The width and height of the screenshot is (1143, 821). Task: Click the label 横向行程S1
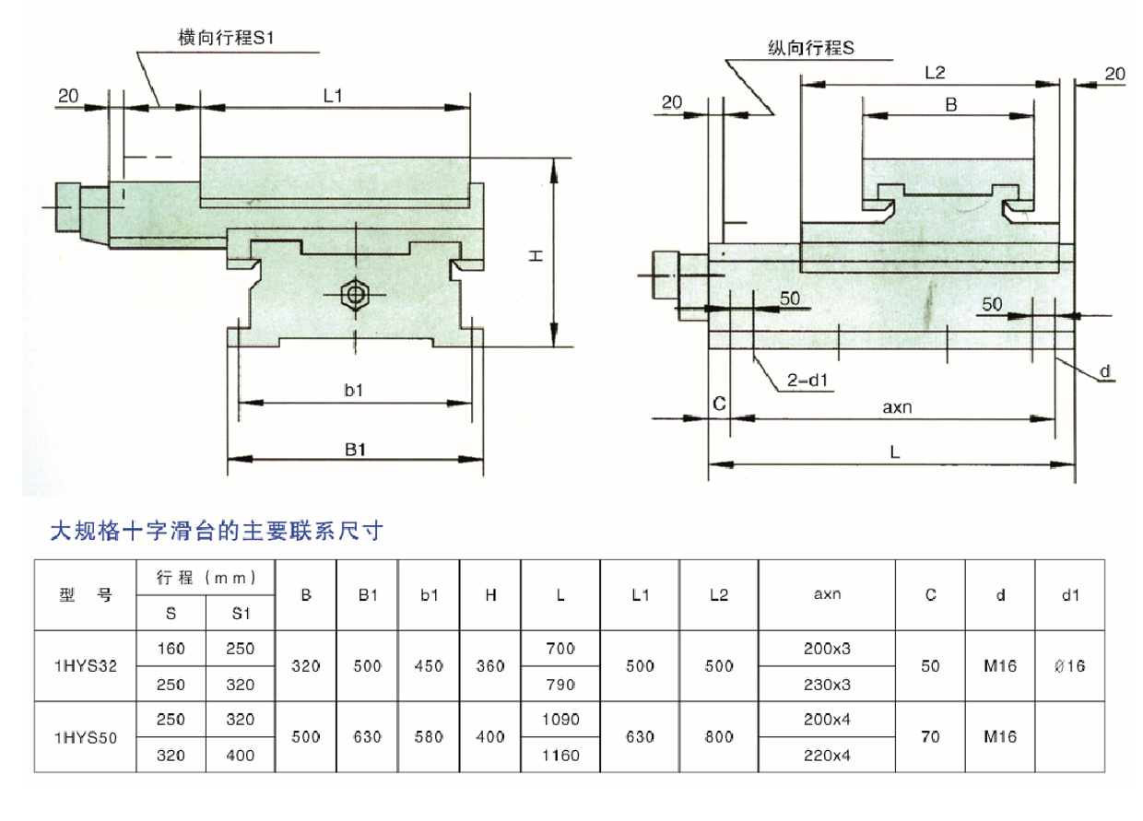[x=227, y=39]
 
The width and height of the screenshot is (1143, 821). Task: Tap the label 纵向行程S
[x=812, y=48]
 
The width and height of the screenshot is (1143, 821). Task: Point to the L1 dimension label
[x=333, y=94]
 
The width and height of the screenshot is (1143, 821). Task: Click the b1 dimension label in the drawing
[x=354, y=391]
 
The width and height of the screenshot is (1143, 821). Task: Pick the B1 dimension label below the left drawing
[x=357, y=449]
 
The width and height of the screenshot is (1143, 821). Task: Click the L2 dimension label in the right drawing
[x=934, y=73]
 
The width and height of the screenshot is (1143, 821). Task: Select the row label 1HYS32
[x=85, y=666]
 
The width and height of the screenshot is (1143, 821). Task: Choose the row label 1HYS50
[x=85, y=737]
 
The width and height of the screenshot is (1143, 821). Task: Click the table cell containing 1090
[x=560, y=720]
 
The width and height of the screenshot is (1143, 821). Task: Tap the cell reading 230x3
[x=827, y=685]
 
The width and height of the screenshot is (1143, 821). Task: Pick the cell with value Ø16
[x=1069, y=666]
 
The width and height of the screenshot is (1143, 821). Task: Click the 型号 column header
[x=85, y=595]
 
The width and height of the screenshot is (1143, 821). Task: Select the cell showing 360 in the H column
[x=490, y=666]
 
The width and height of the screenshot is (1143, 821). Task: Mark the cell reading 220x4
[x=827, y=756]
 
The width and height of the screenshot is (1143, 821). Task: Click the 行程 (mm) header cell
[x=206, y=578]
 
